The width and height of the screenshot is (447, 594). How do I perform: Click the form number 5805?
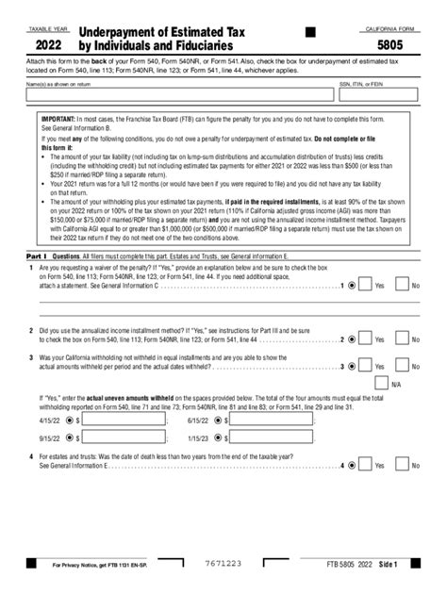[x=394, y=44]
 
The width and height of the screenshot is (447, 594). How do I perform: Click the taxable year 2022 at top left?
[x=50, y=44]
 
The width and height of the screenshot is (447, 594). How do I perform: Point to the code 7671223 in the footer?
[x=223, y=563]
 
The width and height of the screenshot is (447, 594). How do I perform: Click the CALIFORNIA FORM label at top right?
[x=393, y=30]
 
